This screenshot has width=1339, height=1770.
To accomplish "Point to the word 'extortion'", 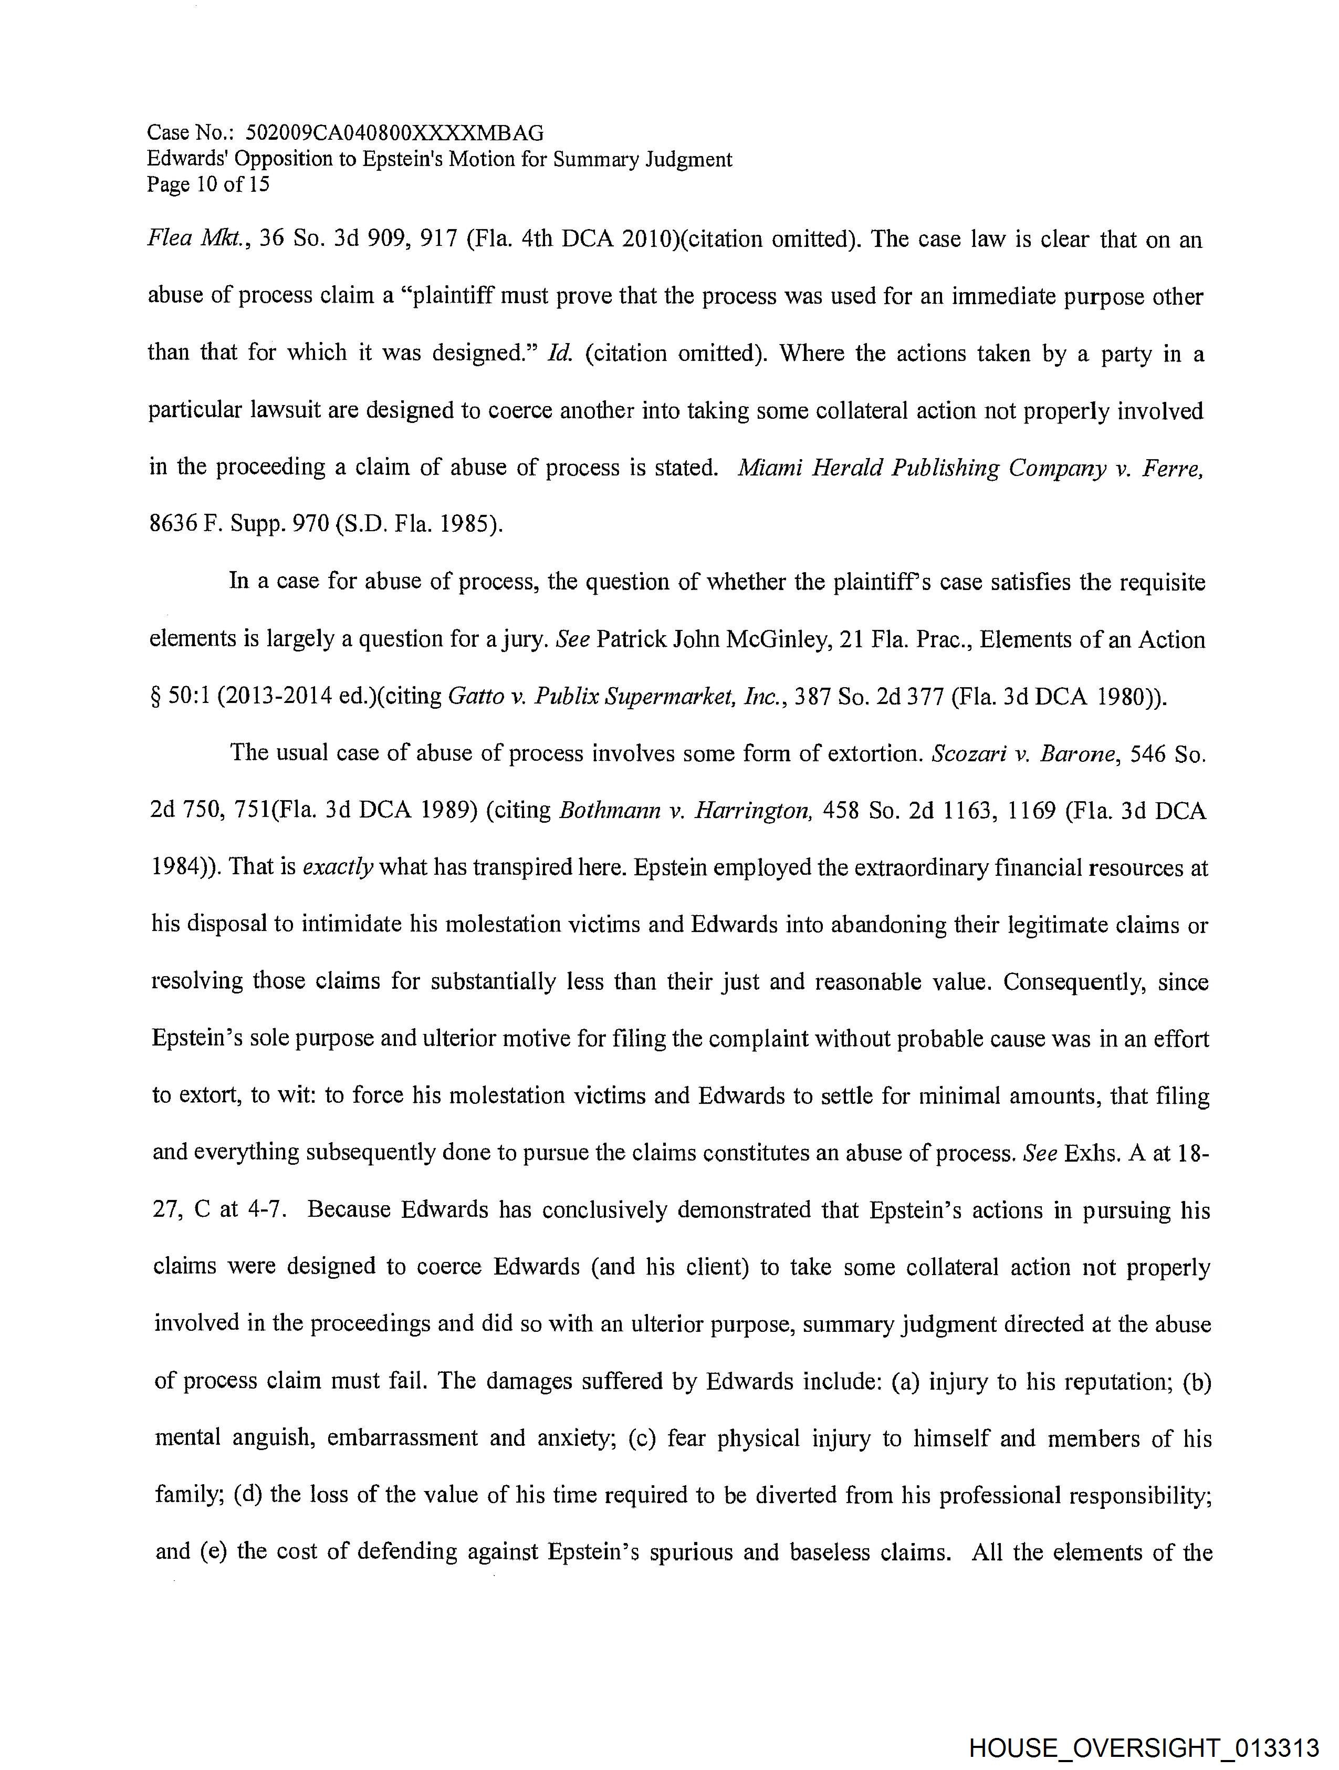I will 866,754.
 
